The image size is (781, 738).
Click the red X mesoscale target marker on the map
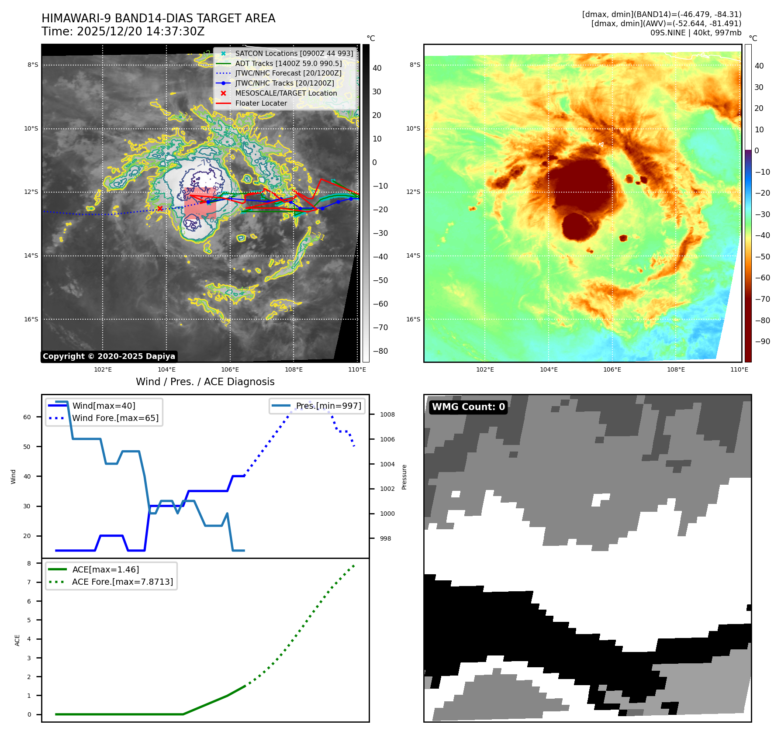[x=160, y=208]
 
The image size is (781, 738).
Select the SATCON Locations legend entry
[x=294, y=53]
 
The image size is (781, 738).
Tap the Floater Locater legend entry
[x=261, y=103]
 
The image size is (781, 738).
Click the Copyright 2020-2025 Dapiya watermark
[x=109, y=356]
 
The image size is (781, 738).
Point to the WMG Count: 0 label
[x=468, y=407]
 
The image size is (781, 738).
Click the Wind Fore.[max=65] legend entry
[x=115, y=418]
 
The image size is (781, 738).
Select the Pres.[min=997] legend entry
[x=328, y=406]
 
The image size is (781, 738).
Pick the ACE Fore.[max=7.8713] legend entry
[x=122, y=582]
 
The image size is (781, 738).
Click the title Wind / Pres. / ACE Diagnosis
[x=205, y=382]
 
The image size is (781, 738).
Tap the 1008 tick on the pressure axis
[x=387, y=414]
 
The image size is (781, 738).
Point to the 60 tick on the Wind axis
[x=27, y=417]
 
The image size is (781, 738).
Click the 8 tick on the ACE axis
[x=29, y=563]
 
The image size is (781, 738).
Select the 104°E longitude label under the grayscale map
[x=166, y=369]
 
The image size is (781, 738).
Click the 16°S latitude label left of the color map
[x=413, y=319]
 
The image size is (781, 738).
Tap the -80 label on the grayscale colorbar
[x=380, y=351]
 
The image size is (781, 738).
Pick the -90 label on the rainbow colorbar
[x=762, y=341]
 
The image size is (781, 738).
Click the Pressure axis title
[x=404, y=477]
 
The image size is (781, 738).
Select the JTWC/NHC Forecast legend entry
[x=288, y=73]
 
